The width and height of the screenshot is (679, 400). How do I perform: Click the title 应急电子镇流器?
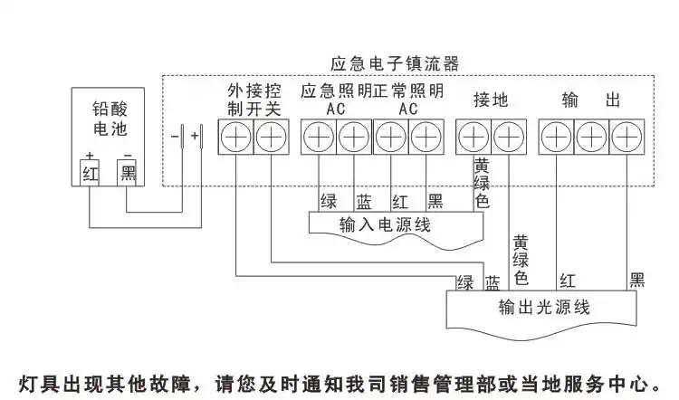point(395,64)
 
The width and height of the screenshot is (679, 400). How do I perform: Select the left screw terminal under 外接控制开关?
point(234,138)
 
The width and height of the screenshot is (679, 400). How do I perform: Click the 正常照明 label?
point(408,91)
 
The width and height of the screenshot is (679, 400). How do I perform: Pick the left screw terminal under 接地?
point(473,138)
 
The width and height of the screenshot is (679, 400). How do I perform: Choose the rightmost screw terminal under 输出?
point(626,138)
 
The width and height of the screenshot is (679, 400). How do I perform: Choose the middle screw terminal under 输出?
point(590,138)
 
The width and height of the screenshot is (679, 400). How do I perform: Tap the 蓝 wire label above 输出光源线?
point(492,281)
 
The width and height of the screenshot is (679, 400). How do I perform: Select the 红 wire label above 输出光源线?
point(568,281)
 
